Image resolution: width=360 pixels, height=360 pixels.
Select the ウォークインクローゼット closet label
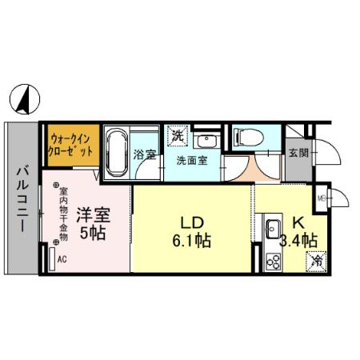coord(70,145)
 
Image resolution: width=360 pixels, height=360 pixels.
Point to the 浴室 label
coord(145,154)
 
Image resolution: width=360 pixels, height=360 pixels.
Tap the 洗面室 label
coord(191,159)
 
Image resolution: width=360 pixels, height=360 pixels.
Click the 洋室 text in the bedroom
coord(93,214)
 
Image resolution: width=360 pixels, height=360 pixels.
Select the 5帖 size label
coord(93,234)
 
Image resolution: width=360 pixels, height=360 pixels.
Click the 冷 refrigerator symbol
coord(317,260)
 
